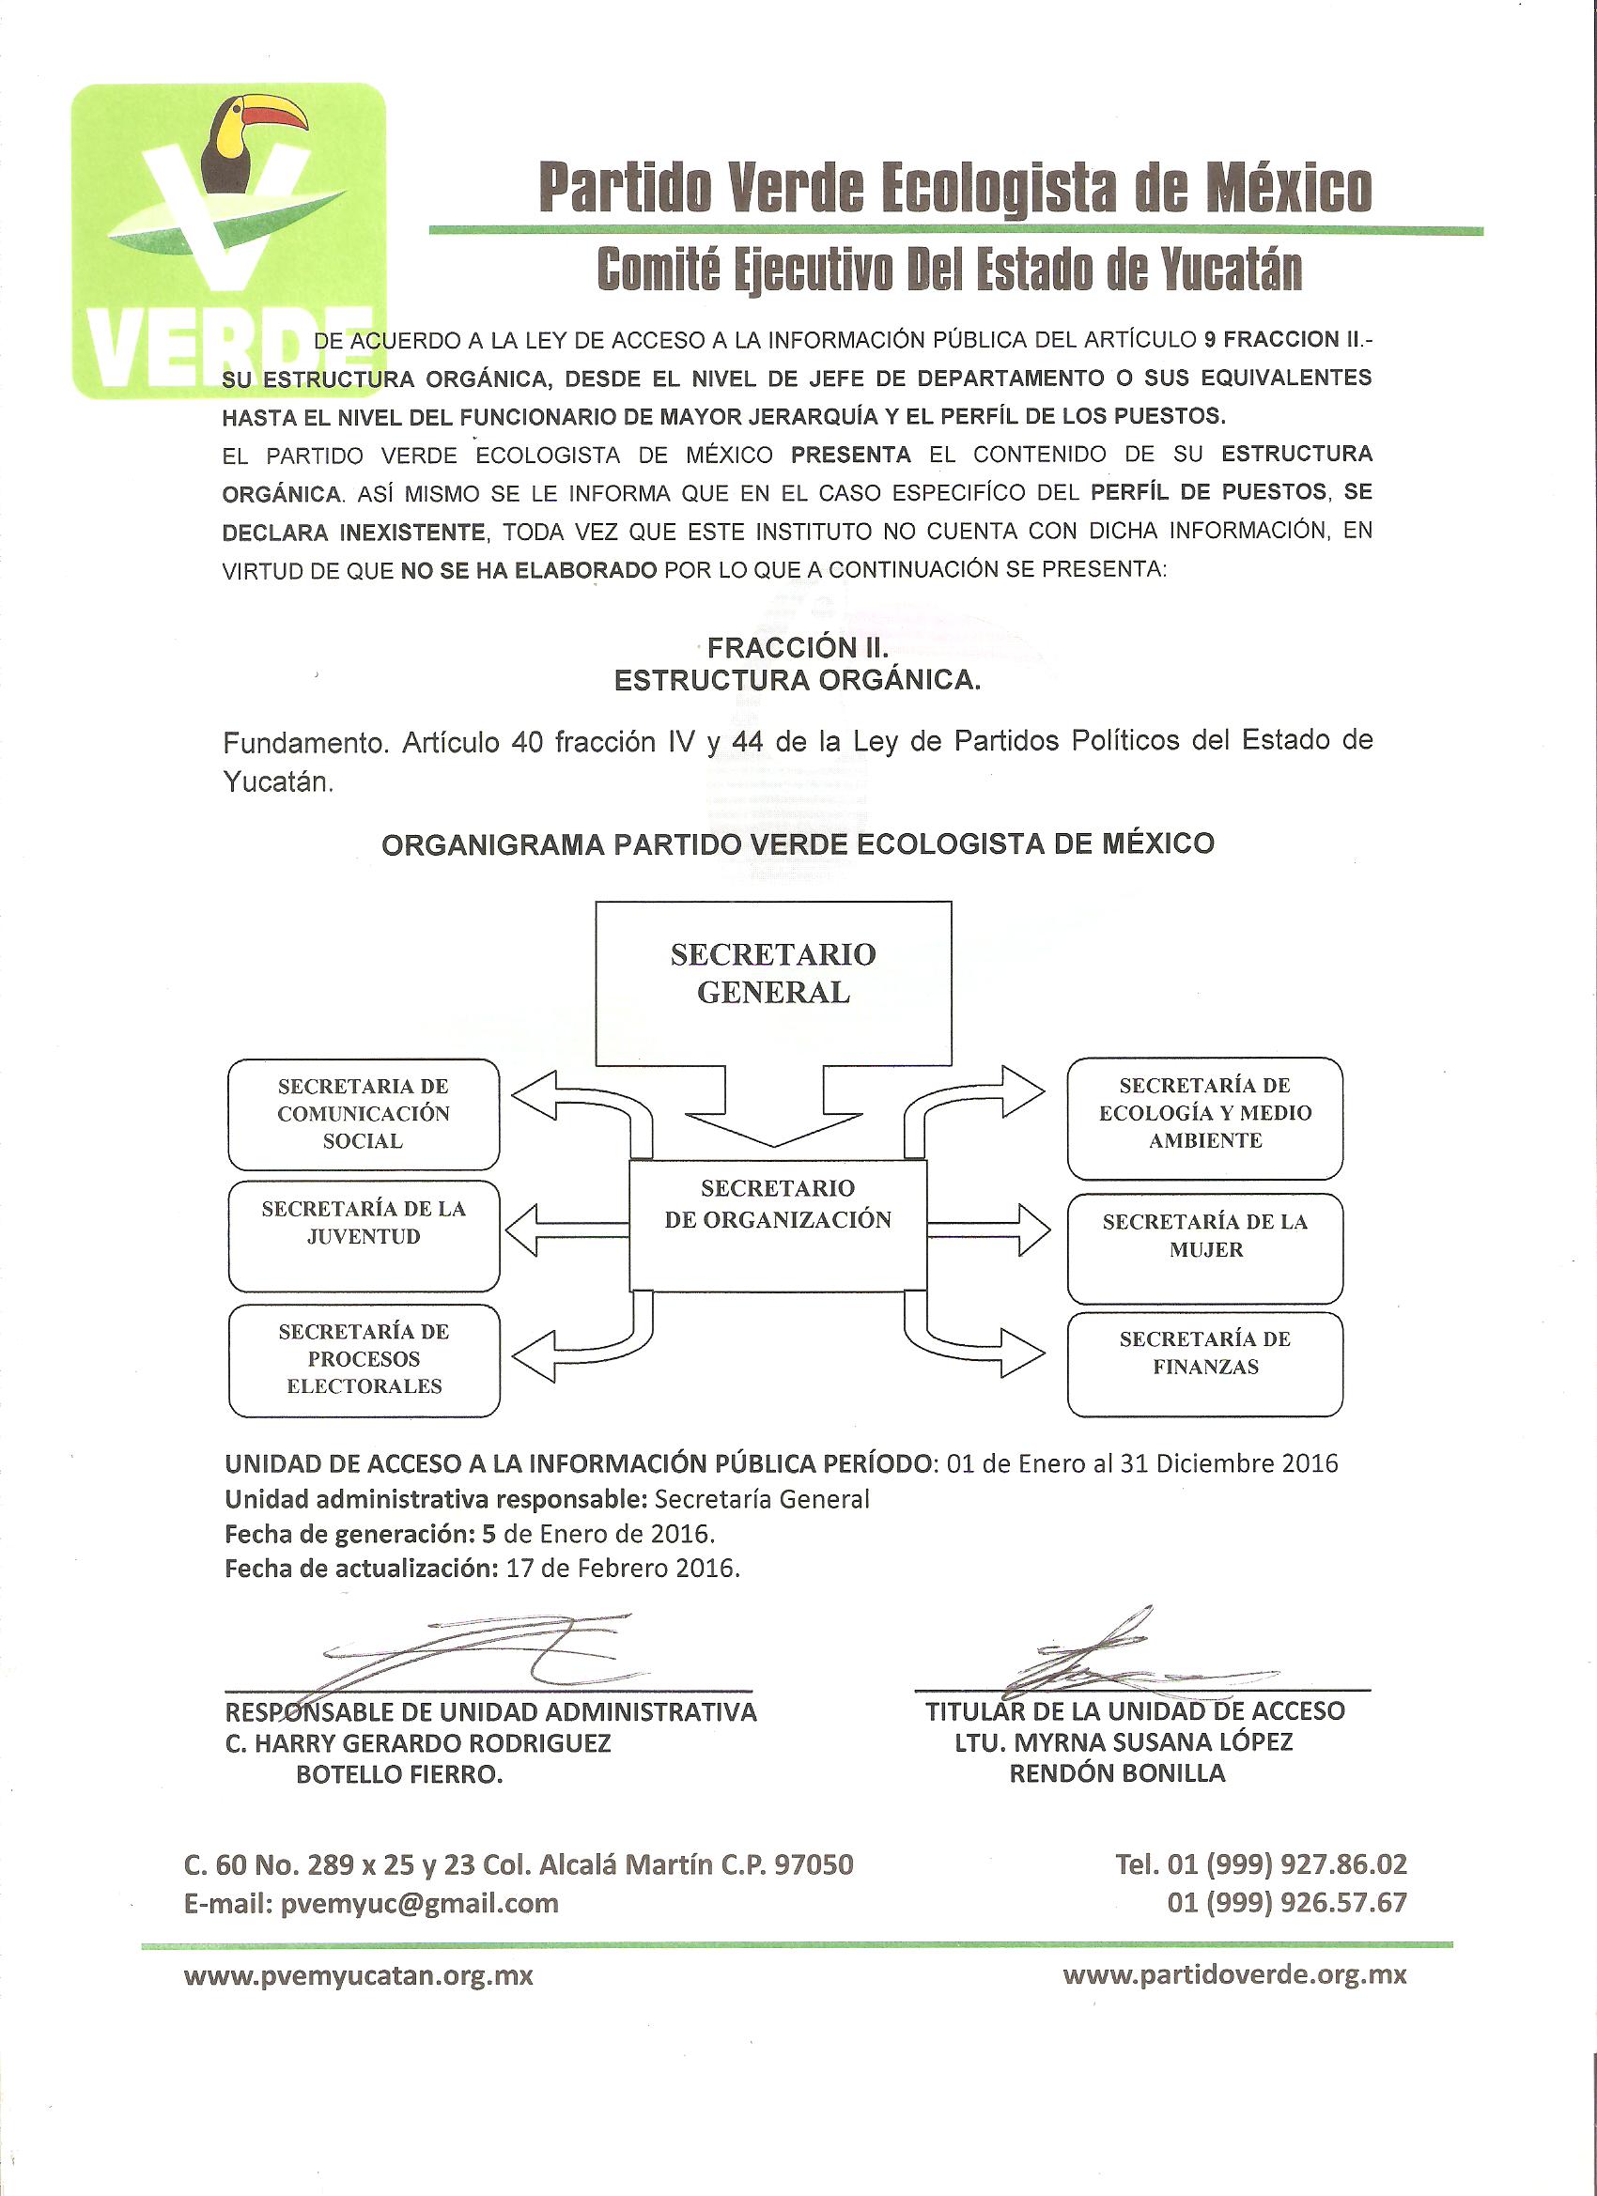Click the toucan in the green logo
(247, 146)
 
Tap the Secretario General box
(773, 978)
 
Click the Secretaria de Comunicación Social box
(364, 1113)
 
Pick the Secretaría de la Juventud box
(364, 1234)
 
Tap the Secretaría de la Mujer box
(1204, 1247)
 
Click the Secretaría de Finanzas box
(1204, 1363)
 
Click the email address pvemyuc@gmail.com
(419, 1903)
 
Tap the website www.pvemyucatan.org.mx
(358, 1975)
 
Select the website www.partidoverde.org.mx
(1233, 1975)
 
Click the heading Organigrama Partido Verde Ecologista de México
(797, 843)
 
